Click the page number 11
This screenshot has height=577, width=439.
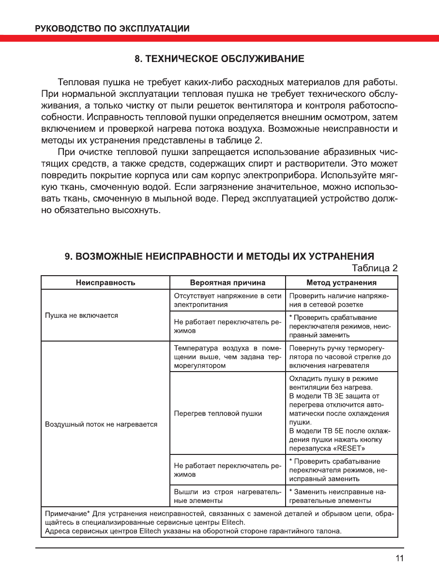coord(399,558)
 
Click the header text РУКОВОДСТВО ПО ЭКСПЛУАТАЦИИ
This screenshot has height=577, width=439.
coord(112,28)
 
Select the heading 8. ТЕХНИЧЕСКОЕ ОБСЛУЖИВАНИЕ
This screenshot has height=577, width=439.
coord(219,59)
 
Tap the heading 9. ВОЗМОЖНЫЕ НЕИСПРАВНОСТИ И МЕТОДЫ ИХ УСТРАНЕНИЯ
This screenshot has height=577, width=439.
coord(219,256)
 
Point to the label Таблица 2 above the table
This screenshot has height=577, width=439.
coord(375,268)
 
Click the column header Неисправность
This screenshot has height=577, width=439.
coord(105,282)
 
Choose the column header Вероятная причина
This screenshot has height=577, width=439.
coord(227,282)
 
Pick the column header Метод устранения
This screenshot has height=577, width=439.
coord(342,282)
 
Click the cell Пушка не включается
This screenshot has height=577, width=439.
coord(82,315)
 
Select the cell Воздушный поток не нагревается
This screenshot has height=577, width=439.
coord(101,424)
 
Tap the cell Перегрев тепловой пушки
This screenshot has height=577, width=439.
coord(218,413)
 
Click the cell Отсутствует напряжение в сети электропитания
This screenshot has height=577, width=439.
coord(227,300)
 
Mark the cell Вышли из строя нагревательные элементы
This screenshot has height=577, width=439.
coord(227,496)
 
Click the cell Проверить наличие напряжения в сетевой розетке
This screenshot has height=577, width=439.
coord(342,300)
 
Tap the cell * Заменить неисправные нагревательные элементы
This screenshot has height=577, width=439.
coord(342,496)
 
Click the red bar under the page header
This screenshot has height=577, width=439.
coord(219,38)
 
